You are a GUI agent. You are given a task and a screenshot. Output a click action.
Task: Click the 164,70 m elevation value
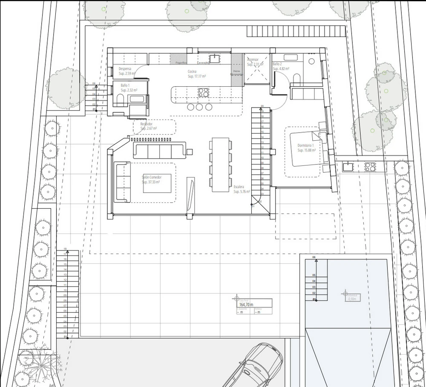[x=246, y=304]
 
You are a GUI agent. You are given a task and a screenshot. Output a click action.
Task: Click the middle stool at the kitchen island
[x=199, y=107]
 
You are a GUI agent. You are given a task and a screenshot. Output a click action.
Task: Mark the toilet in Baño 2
[x=296, y=77]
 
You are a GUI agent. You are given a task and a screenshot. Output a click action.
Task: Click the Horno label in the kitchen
[x=236, y=71]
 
